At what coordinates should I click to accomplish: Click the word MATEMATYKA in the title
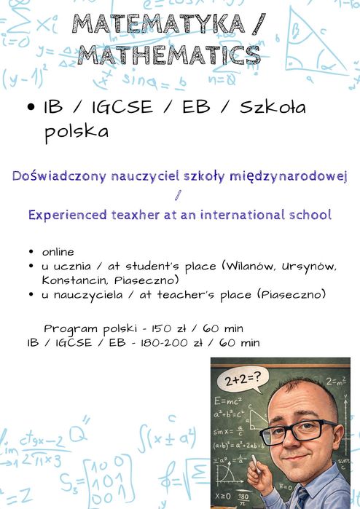[x=159, y=24]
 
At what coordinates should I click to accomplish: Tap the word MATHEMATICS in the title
[x=169, y=55]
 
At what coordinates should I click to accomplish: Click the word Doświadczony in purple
[x=59, y=176]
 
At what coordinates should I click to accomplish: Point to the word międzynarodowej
[x=289, y=177]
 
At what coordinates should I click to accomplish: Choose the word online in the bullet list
[x=58, y=252]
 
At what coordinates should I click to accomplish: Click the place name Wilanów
[x=249, y=267]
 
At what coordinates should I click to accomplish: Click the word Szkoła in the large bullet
[x=273, y=107]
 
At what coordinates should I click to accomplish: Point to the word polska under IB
[x=77, y=132]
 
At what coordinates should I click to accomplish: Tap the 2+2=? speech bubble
[x=243, y=379]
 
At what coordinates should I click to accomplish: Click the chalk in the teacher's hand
[x=256, y=464]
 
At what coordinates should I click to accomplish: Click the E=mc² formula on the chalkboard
[x=228, y=401]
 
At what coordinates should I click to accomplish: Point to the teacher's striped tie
[x=301, y=498]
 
